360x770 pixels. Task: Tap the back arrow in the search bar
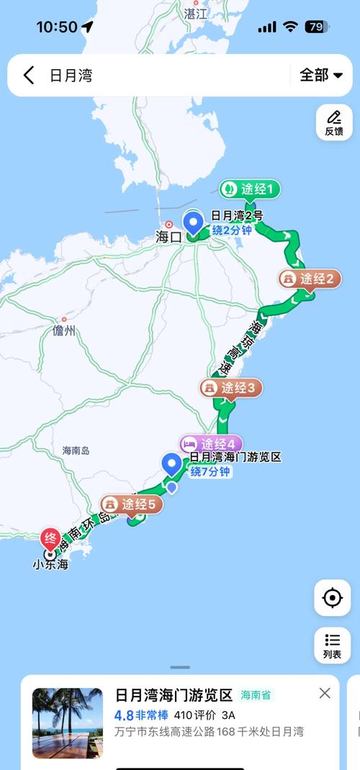tap(29, 75)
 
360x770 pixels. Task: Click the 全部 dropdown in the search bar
tap(320, 75)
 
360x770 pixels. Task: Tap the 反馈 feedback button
tap(334, 122)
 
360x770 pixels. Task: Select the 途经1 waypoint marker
tap(249, 189)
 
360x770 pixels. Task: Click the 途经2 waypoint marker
tap(310, 278)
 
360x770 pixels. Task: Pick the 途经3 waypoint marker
tap(231, 388)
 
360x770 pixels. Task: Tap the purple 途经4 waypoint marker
tap(211, 443)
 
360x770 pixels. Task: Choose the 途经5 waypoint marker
tap(132, 504)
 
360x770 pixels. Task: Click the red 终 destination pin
tap(51, 538)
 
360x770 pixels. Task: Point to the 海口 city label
tap(168, 237)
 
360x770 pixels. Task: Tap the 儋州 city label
tap(64, 331)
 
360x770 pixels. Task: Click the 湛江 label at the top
tap(194, 13)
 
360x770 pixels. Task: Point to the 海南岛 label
tap(76, 450)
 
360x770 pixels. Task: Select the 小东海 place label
tap(50, 566)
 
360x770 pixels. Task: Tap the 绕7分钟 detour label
tap(210, 472)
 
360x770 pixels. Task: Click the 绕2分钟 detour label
tap(232, 230)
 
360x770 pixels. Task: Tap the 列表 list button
tap(332, 645)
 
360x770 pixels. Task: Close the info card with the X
tap(325, 693)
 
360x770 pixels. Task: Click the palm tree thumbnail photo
tap(68, 723)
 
